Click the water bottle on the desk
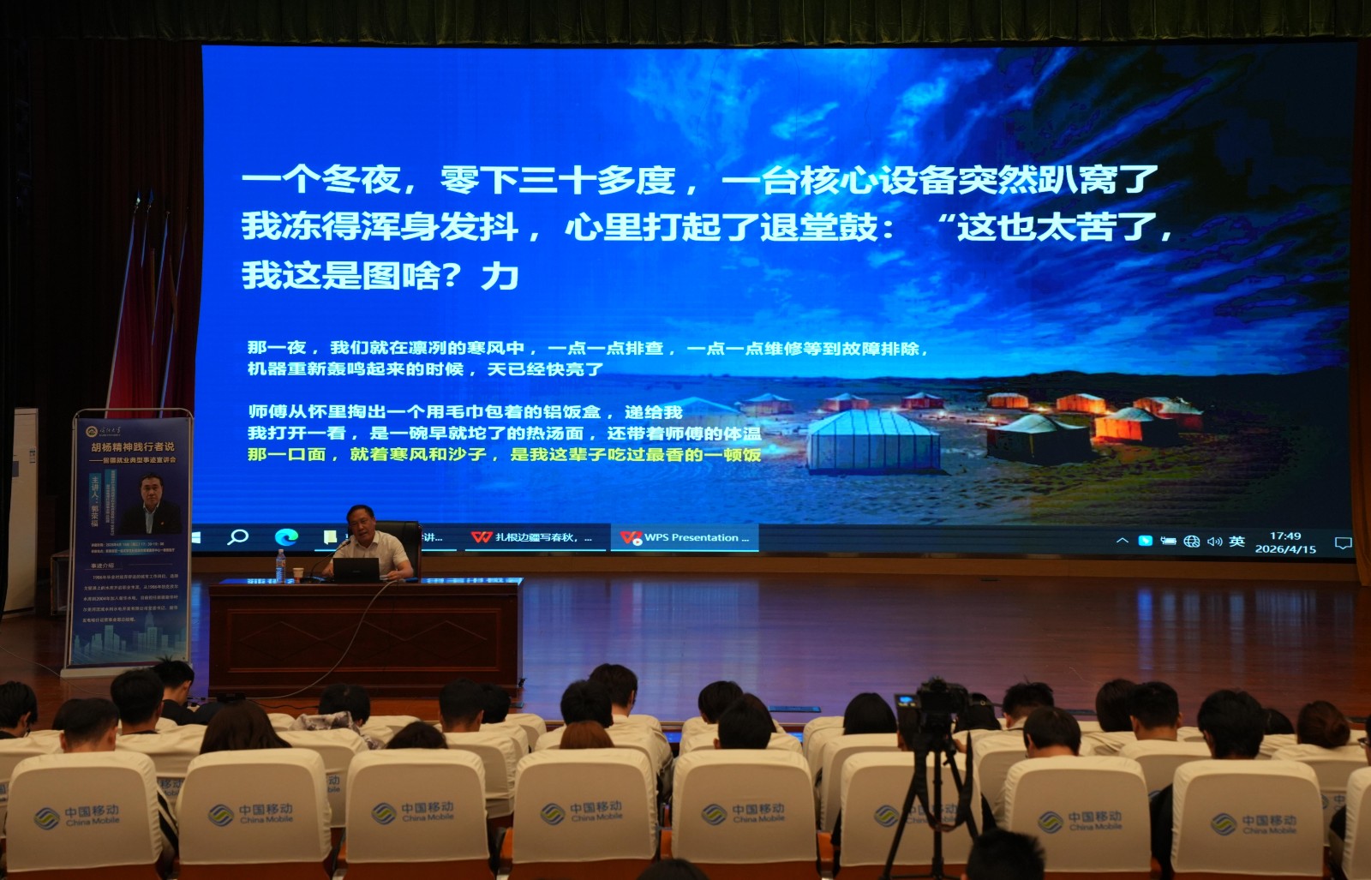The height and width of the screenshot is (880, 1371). click(280, 566)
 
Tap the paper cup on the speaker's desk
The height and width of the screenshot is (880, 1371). click(298, 573)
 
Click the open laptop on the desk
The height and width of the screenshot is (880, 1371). click(356, 570)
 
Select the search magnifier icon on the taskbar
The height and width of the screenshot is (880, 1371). click(237, 537)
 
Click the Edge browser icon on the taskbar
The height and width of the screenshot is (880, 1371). click(286, 537)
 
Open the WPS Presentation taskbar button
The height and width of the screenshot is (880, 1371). click(685, 538)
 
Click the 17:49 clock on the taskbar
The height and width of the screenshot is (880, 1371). click(1285, 536)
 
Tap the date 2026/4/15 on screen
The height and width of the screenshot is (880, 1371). click(1285, 549)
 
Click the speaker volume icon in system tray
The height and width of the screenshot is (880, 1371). click(1214, 542)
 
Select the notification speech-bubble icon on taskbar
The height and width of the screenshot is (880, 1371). click(1343, 543)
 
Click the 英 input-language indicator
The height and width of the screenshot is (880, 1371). click(1236, 542)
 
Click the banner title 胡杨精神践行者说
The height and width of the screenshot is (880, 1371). click(133, 446)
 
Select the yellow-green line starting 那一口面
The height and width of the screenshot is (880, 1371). click(504, 454)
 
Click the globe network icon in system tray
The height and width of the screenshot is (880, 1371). click(1191, 542)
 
